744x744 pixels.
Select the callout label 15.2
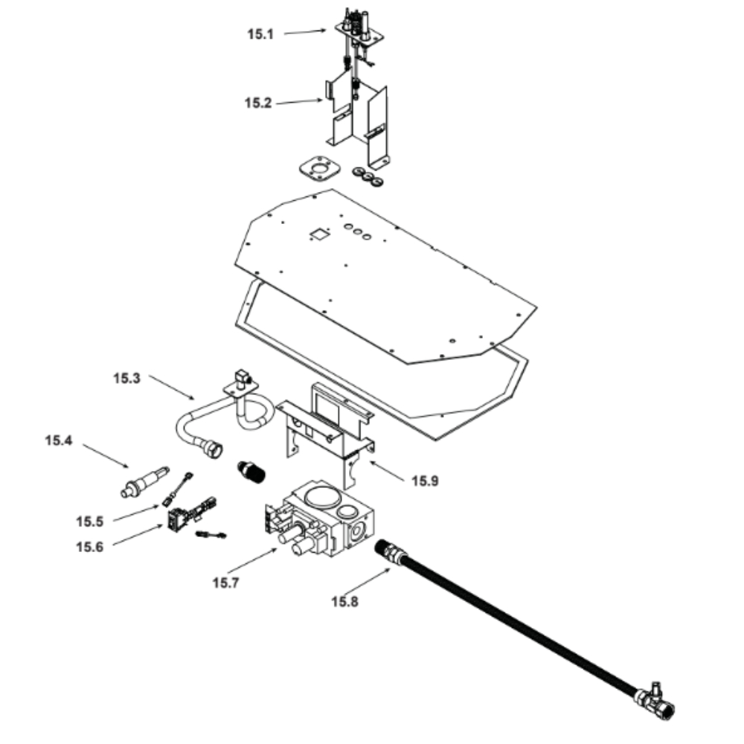click(x=258, y=103)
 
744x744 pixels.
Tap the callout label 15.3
click(x=126, y=378)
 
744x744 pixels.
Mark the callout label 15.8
click(x=344, y=601)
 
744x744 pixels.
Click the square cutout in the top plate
click(x=318, y=234)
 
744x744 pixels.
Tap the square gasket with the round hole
click(x=315, y=170)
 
